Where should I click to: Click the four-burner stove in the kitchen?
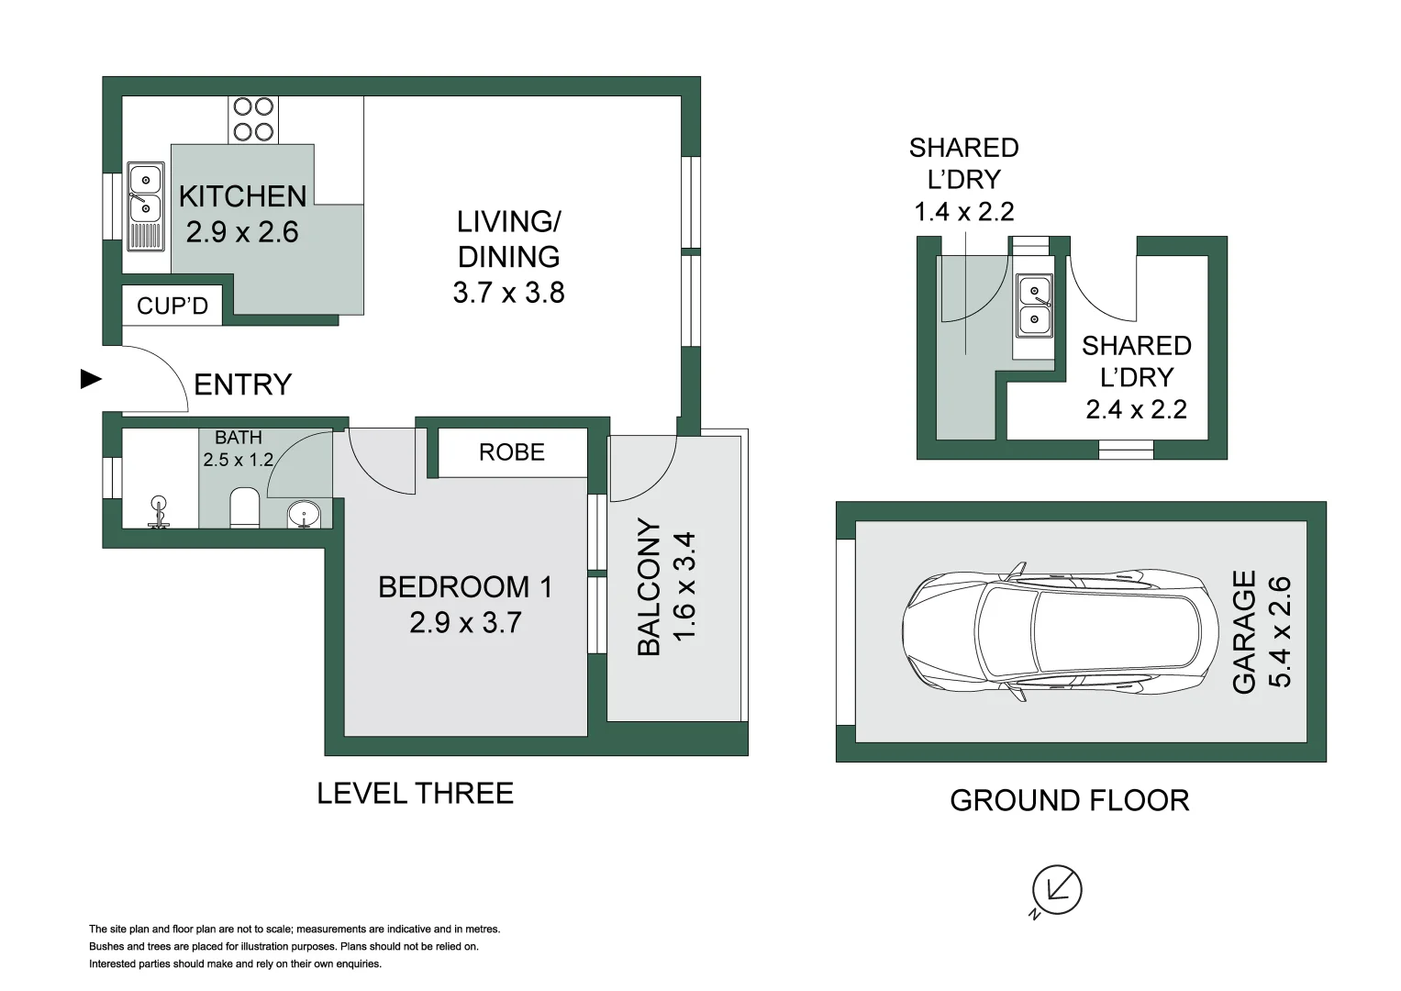(x=253, y=120)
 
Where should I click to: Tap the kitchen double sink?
(x=145, y=195)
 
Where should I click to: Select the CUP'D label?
(x=172, y=306)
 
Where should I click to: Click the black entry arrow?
(x=92, y=379)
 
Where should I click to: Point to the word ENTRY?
(x=242, y=384)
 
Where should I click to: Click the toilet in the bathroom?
(x=245, y=507)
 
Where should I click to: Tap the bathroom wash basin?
(x=304, y=514)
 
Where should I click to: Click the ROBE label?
(x=512, y=452)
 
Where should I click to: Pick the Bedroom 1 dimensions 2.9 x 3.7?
(x=465, y=623)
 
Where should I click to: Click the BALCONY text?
(x=649, y=587)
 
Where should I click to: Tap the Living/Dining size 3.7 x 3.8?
(x=508, y=293)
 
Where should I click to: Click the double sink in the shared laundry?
(x=1034, y=306)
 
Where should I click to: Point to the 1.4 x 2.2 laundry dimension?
(x=963, y=212)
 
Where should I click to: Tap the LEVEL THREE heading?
(x=415, y=794)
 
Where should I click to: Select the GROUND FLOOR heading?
(x=1069, y=801)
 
